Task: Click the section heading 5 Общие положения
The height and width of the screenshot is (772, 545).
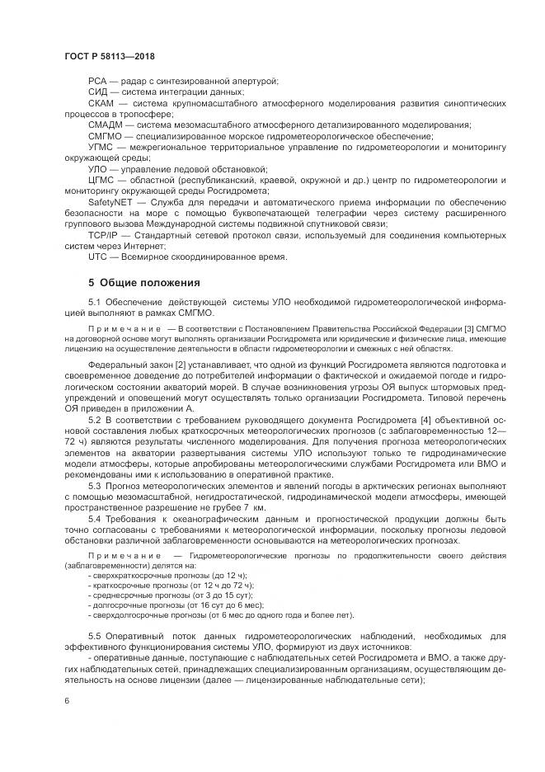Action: pyautogui.click(x=144, y=283)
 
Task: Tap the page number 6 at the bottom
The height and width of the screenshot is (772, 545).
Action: pyautogui.click(x=66, y=699)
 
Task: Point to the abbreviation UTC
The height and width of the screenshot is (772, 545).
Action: pyautogui.click(x=98, y=257)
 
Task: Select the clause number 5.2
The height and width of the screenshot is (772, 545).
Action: pyautogui.click(x=94, y=421)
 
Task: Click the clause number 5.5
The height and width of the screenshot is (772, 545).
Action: pyautogui.click(x=94, y=636)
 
